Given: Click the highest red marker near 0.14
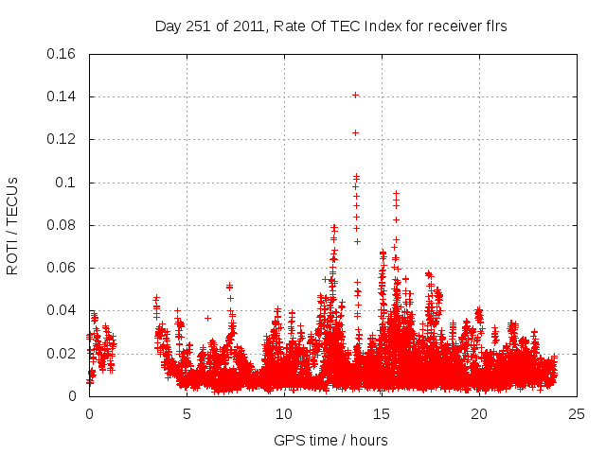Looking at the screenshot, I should tap(355, 95).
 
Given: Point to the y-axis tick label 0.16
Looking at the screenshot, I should tap(62, 53).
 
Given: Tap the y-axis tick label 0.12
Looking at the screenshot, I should tap(62, 139).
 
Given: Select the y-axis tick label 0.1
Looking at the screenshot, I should tap(66, 183).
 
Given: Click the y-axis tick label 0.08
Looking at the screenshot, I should tap(62, 225).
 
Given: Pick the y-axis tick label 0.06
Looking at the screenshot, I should tap(62, 268).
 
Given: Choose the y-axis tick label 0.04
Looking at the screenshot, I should tap(62, 311).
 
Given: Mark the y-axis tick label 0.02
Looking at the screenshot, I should tap(62, 354).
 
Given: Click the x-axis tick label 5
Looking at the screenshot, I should tap(187, 413).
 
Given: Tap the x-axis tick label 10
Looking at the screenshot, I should tap(284, 413).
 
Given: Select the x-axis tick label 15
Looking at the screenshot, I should tap(382, 413).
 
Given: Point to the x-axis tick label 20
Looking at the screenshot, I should tap(479, 413).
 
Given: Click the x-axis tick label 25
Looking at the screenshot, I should tap(577, 413).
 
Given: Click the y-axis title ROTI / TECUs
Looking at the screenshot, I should tap(12, 225).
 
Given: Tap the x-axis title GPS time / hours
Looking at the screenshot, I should tap(330, 440).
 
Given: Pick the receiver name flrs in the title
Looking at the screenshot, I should tap(493, 26).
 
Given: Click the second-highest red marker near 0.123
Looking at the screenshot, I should tap(355, 132).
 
